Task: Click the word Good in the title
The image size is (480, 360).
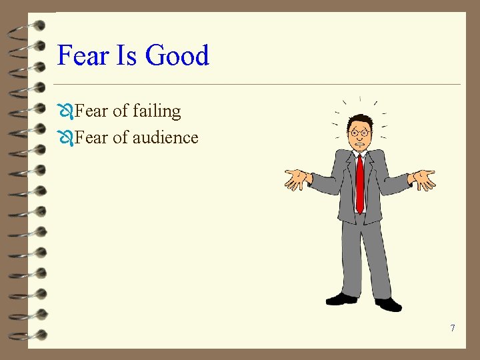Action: (177, 55)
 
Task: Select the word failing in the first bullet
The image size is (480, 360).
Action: (157, 111)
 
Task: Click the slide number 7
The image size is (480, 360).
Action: (453, 328)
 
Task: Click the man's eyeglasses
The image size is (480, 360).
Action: (360, 133)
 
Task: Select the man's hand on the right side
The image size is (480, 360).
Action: (423, 178)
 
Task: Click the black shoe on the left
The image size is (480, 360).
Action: (341, 299)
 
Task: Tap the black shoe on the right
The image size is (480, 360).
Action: (389, 304)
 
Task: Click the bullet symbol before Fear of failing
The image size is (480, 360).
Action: (65, 111)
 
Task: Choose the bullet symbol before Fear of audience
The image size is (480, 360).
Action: (65, 138)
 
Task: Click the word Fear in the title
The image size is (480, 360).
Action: (83, 55)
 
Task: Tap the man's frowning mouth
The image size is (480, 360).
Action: (361, 143)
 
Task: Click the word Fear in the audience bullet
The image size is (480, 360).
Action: (90, 137)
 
